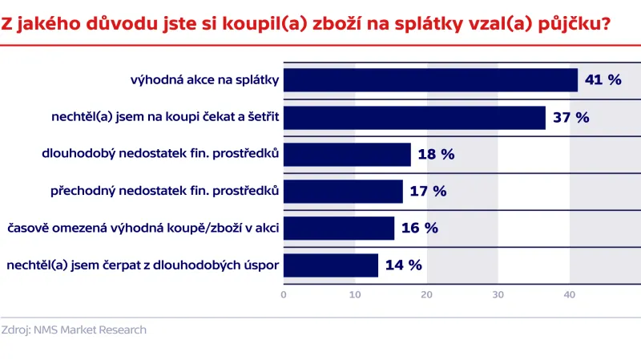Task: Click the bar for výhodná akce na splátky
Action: click(x=430, y=80)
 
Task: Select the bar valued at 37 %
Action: click(x=414, y=117)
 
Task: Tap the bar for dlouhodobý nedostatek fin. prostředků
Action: click(x=347, y=154)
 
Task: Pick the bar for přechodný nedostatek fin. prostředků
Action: click(x=343, y=191)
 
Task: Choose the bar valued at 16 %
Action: click(x=339, y=228)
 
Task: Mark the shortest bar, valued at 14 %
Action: click(x=331, y=265)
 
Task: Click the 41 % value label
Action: click(x=603, y=80)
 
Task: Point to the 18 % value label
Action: click(x=436, y=154)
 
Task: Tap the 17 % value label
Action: click(x=428, y=191)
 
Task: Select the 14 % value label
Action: click(x=403, y=265)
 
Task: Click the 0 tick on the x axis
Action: click(x=284, y=294)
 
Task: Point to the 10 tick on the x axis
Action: click(x=355, y=294)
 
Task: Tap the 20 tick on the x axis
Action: click(x=426, y=294)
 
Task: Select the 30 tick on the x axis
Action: click(x=498, y=294)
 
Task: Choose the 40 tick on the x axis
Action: click(x=569, y=294)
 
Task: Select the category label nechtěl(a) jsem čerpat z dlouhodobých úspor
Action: click(x=142, y=265)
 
